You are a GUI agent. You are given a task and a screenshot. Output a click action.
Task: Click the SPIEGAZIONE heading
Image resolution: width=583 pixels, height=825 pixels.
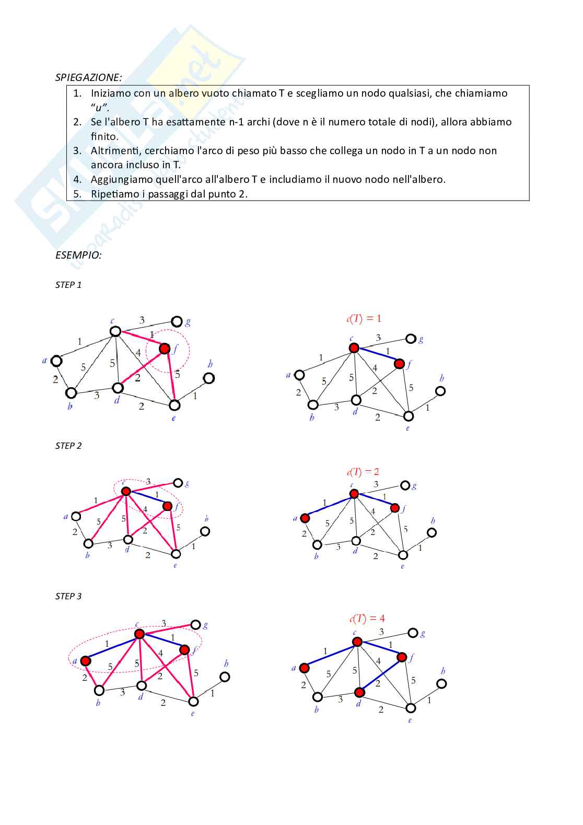click(88, 77)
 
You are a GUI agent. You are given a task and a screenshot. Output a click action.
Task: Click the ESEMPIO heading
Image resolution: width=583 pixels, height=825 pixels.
click(78, 255)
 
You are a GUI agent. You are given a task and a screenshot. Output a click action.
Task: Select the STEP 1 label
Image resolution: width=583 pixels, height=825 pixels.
click(68, 285)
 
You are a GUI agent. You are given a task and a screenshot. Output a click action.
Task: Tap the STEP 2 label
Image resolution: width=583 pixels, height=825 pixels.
click(68, 446)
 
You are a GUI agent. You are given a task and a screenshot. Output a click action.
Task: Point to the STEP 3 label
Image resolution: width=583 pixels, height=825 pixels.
click(68, 596)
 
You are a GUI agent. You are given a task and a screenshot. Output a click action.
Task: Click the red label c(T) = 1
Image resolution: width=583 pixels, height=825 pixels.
click(364, 318)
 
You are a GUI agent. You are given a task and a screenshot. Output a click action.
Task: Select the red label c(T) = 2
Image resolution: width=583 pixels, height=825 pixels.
click(363, 472)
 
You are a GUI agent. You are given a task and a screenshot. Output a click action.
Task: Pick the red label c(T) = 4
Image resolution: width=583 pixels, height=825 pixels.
click(367, 619)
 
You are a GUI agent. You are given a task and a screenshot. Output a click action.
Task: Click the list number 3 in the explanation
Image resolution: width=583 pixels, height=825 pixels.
click(77, 150)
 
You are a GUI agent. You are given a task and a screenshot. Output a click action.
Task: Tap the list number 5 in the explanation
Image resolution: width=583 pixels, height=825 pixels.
click(77, 194)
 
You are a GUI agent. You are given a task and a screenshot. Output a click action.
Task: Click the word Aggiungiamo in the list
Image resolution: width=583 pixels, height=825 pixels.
click(122, 179)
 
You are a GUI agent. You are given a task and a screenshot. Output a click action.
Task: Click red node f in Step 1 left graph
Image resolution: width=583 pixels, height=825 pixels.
click(165, 348)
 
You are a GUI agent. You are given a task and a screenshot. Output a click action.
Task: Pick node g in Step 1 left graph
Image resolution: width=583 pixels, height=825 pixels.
click(177, 321)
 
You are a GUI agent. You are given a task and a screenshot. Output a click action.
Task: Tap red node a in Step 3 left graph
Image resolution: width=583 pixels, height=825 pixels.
click(86, 661)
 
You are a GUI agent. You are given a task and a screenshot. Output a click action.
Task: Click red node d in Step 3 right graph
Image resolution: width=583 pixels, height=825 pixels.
click(359, 692)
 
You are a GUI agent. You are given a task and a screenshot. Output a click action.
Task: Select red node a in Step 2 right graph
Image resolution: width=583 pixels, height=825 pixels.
click(305, 518)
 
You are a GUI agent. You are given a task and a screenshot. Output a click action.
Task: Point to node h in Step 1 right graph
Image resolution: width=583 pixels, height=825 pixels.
click(440, 391)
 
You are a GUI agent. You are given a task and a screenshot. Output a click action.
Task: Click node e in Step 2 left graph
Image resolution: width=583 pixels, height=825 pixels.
click(176, 554)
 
